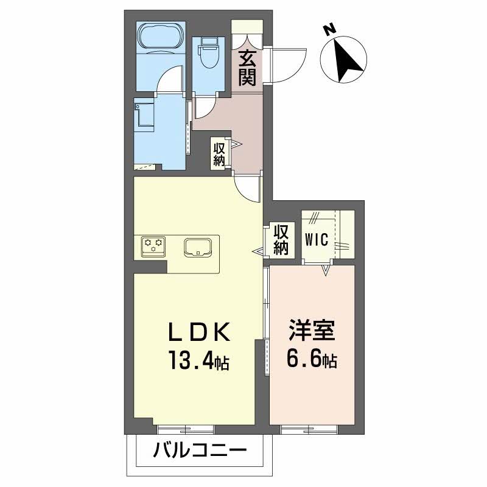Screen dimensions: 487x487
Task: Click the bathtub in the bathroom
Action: [160, 36]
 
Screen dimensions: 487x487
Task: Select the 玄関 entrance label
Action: [247, 68]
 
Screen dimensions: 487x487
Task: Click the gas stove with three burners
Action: [153, 245]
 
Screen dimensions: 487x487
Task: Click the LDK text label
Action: [199, 334]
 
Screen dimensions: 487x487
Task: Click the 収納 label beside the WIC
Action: [281, 239]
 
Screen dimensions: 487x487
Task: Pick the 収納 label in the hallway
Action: [219, 153]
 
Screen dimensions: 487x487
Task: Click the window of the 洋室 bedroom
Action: [311, 429]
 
